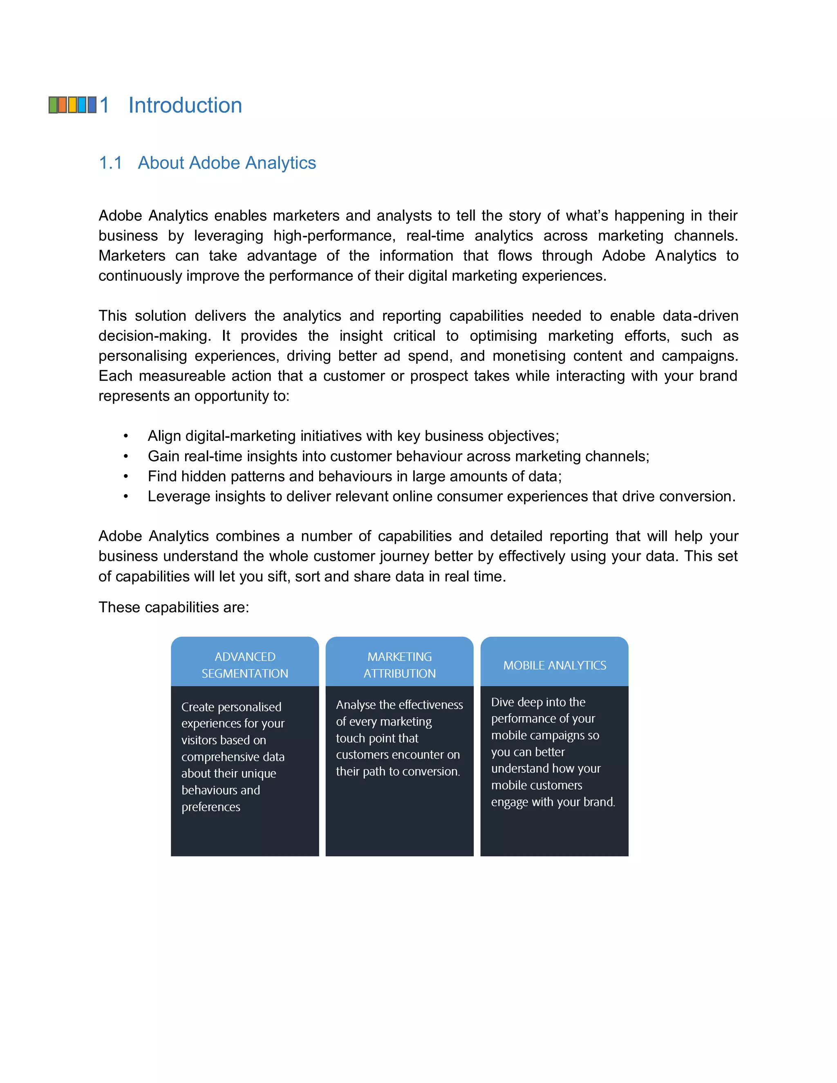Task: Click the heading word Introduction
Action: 185,105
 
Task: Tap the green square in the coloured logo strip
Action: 53,105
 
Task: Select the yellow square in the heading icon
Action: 72,105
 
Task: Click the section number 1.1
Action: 110,163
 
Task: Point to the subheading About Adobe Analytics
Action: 226,163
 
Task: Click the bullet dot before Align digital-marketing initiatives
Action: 126,436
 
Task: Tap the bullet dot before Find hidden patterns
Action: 126,477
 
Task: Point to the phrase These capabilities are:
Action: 174,607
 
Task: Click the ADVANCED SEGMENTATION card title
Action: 245,665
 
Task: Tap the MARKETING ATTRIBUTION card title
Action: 400,665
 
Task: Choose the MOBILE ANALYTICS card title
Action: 554,665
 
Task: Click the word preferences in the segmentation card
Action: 211,807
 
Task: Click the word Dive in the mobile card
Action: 502,702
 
